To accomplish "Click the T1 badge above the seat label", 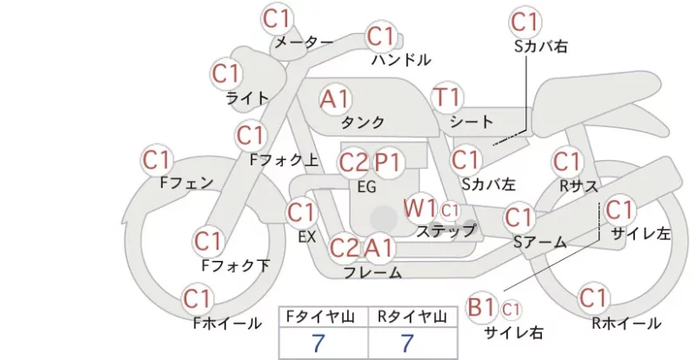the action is [447, 97].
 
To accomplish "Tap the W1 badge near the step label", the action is [419, 208].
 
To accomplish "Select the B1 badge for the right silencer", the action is [481, 307].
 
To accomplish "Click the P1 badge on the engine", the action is [388, 163].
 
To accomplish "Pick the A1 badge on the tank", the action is [335, 99].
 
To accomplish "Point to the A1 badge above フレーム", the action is [379, 247].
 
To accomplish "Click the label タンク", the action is [363, 122].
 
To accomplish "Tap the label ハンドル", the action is [401, 59].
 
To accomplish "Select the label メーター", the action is [304, 42].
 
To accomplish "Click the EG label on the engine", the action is [366, 187].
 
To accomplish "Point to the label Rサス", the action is [579, 186].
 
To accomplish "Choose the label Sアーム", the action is [540, 242].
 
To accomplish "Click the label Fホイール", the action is [227, 323].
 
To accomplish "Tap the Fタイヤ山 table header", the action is [320, 317].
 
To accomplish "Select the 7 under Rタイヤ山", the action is [407, 343].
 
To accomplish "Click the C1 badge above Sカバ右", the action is [525, 22].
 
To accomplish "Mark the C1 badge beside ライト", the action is [226, 73].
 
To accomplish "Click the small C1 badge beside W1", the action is [450, 210].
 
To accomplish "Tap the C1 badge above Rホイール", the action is [593, 297].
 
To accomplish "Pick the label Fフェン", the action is [186, 183].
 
